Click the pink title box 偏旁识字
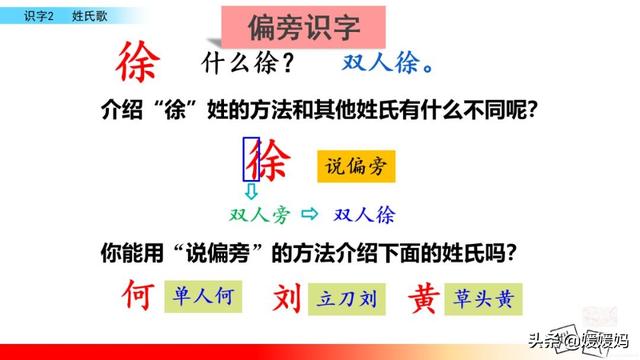coord(303,27)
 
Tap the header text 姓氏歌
coord(90,16)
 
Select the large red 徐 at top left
coord(138,62)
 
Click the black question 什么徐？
coord(248,63)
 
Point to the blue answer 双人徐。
coord(387,63)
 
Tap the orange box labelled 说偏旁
coord(356,166)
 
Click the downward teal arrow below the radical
coord(251,191)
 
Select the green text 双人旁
coord(260,215)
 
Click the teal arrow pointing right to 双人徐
coord(309,213)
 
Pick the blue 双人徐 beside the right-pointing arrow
coord(364,215)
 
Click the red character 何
coord(138,295)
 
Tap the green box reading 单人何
coord(203,296)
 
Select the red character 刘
coord(287,298)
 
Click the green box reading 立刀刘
coord(347,299)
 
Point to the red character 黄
coord(424,298)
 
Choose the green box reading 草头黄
coord(483,299)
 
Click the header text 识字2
coord(39,16)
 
